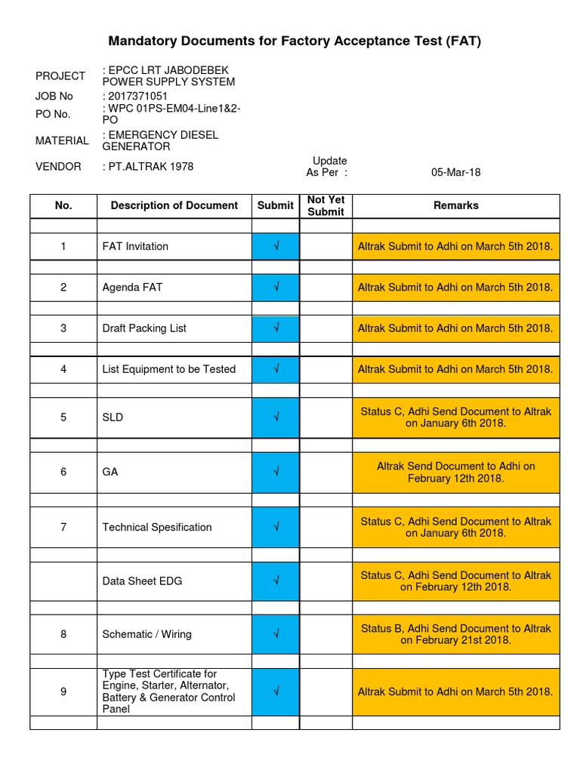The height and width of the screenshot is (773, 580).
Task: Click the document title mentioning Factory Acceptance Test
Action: [295, 41]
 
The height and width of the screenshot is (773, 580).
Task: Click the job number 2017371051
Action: [137, 97]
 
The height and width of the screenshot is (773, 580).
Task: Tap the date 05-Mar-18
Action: [455, 172]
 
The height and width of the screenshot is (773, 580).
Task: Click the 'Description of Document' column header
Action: [174, 205]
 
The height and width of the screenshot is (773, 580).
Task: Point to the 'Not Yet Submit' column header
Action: [325, 206]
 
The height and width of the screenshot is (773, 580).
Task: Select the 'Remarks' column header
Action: [455, 205]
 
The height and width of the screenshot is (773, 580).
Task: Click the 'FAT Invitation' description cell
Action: [174, 247]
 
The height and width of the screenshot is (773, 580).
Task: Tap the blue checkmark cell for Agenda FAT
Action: [276, 288]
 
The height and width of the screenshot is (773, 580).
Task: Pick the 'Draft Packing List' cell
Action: [174, 328]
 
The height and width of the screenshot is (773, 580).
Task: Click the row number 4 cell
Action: [63, 369]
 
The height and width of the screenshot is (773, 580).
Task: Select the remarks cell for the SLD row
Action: [455, 417]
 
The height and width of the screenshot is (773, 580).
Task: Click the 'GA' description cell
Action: [174, 472]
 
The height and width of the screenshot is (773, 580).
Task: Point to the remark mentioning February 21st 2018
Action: [455, 634]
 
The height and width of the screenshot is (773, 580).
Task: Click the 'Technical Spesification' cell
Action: [174, 527]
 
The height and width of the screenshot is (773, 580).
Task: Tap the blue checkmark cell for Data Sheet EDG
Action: [276, 581]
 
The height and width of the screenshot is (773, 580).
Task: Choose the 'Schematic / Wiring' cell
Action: [174, 634]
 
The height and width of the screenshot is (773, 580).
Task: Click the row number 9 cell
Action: [63, 691]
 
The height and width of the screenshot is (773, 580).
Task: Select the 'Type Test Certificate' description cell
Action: [174, 691]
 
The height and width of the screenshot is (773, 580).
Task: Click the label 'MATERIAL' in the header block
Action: [62, 140]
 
